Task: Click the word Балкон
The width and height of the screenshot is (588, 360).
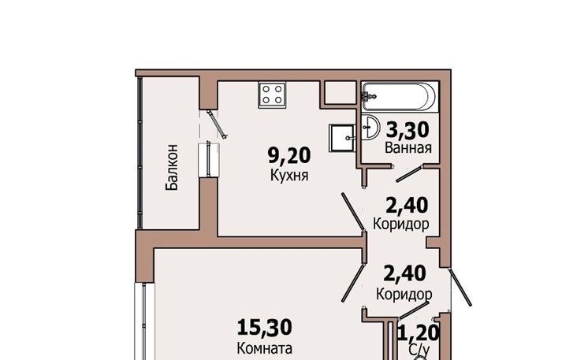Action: pos(172,167)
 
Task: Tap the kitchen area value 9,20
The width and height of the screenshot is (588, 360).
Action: pos(289,155)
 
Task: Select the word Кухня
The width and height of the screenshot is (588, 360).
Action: pos(289,176)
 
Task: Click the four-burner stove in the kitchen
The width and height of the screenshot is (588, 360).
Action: pos(273,95)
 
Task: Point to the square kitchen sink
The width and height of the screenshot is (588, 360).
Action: pos(342,138)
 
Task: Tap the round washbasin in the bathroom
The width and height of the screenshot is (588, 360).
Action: pos(370,127)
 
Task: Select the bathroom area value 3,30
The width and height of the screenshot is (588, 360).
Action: pos(408,130)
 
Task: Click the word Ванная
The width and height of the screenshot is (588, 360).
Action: pos(408,147)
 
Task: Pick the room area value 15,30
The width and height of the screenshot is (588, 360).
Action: pos(265,327)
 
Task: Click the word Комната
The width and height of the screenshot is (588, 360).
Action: pos(265,348)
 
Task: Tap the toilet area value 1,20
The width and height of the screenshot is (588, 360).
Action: pos(419,332)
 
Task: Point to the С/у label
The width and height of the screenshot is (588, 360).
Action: pos(419,350)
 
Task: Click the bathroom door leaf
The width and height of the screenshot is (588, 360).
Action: pos(410,173)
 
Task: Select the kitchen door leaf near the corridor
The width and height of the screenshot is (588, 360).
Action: pos(353,212)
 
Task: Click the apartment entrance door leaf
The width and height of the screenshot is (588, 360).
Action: pos(460,287)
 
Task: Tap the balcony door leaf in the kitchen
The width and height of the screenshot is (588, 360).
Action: pos(218,124)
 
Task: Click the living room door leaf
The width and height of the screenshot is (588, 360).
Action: pos(353,284)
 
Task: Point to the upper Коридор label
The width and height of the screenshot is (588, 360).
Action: pos(401,224)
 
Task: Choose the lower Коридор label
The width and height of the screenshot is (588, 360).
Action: pos(404,294)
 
